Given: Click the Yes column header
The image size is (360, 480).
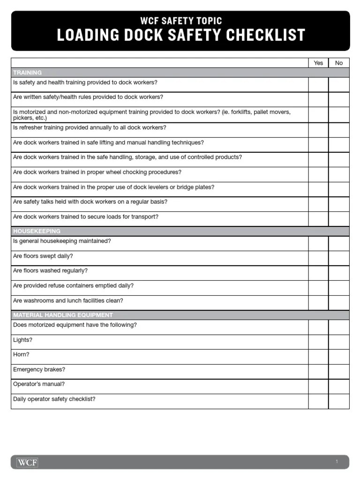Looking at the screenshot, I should (x=318, y=63).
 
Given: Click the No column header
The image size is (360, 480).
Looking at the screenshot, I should (x=339, y=63).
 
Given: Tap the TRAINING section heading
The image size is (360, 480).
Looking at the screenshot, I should (x=27, y=73).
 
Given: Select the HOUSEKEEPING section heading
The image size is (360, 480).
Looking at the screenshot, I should (x=37, y=231).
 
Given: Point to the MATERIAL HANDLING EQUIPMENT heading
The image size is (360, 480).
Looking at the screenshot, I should (x=63, y=315).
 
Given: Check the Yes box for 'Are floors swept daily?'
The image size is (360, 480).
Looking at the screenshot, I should (x=318, y=258).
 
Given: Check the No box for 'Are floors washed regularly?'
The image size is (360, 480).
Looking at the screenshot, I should (x=339, y=273).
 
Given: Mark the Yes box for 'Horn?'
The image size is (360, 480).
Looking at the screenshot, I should (x=318, y=357).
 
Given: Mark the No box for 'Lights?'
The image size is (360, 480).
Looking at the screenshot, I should (x=339, y=342).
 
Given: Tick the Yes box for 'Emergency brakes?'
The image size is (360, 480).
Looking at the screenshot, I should (x=318, y=372).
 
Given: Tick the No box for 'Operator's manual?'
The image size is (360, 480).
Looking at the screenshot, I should (x=339, y=386).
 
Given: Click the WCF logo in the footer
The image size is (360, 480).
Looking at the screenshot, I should (x=27, y=462).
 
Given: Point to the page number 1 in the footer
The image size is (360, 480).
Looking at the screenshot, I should (x=337, y=462).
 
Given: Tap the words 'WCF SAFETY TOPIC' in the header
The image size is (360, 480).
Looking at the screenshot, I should (x=181, y=21).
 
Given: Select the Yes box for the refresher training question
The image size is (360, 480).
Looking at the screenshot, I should (x=318, y=130).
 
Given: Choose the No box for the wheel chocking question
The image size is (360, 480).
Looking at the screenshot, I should (x=339, y=174).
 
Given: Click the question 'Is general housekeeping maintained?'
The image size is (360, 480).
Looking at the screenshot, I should (x=62, y=241).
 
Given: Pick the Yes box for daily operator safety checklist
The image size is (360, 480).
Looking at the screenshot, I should (x=318, y=401).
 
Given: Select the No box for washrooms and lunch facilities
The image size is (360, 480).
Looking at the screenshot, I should (x=339, y=303).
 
